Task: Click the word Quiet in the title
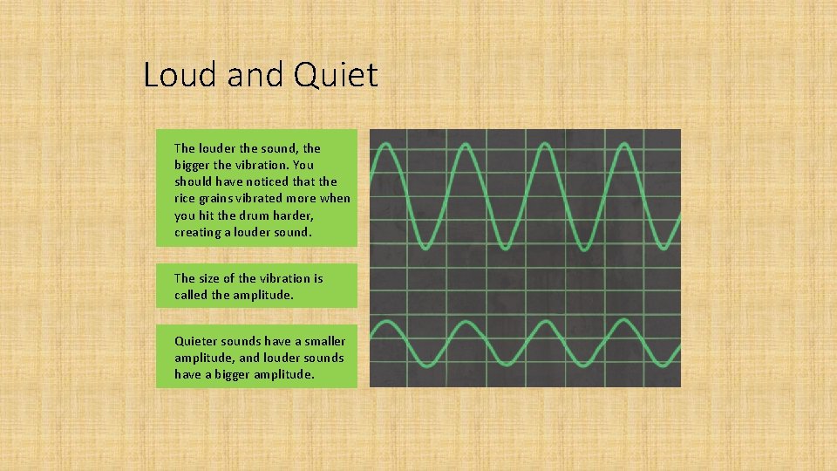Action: coord(337,75)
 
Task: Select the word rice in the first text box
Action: coord(187,198)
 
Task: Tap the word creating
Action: coord(197,231)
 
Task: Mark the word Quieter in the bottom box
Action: coord(200,341)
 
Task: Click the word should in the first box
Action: coord(194,181)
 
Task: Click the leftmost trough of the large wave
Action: coord(428,246)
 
